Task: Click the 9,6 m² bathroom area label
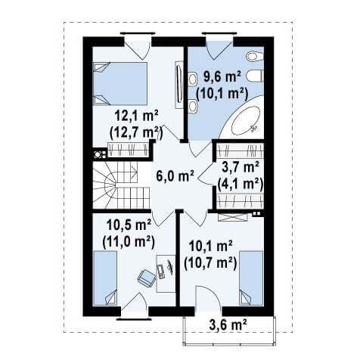[222, 77]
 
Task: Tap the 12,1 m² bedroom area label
[136, 116]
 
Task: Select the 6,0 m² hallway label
[175, 175]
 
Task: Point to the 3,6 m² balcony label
[228, 325]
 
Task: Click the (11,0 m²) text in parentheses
[129, 242]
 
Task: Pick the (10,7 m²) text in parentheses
[210, 263]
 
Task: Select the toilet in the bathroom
[255, 76]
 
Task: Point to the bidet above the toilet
[255, 57]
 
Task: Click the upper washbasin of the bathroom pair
[193, 79]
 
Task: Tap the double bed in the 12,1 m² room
[120, 83]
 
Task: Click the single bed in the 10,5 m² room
[105, 278]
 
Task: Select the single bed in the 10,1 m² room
[251, 278]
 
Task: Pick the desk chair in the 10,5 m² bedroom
[146, 278]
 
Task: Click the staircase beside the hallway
[122, 185]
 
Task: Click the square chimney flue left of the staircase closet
[97, 154]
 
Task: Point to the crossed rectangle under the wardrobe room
[233, 217]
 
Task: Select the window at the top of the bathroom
[219, 33]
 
